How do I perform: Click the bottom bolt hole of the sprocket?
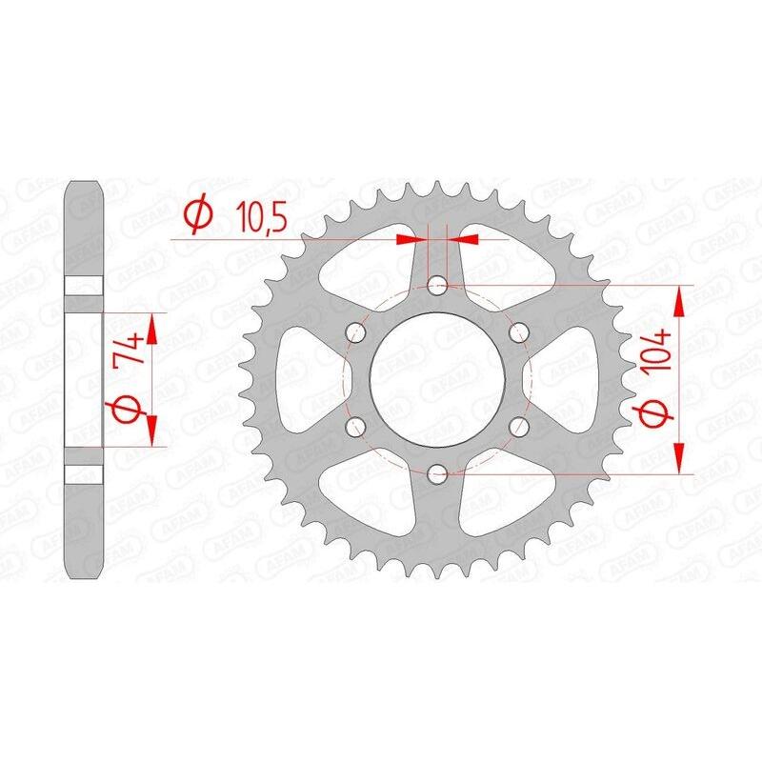click(x=438, y=471)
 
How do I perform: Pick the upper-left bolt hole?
click(x=357, y=331)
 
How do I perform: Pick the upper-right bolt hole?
click(x=519, y=331)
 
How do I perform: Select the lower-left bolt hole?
click(x=357, y=425)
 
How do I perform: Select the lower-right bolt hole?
click(x=519, y=425)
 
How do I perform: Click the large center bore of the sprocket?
click(x=438, y=378)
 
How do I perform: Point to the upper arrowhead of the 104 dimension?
click(x=679, y=299)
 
